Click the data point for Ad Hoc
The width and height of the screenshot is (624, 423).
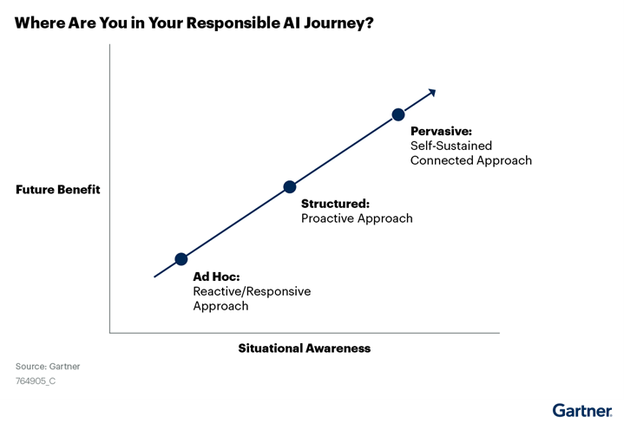[x=181, y=259]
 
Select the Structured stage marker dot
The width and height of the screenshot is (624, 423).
[x=290, y=187]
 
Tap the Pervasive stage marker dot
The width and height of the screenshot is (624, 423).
[x=398, y=114]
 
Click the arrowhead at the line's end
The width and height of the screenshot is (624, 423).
[x=432, y=93]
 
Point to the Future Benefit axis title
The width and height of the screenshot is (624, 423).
[x=58, y=189]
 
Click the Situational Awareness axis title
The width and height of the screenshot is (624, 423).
[x=305, y=348]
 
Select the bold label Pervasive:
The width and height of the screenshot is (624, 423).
[x=441, y=131]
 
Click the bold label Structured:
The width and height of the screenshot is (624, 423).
[x=335, y=204]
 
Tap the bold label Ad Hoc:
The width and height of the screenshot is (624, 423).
[x=216, y=277]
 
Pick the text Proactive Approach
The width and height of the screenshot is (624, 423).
[x=357, y=218]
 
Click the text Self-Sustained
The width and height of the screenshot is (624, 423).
[x=451, y=146]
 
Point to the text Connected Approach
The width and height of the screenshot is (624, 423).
[x=470, y=160]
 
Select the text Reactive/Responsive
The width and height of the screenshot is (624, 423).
[x=252, y=291]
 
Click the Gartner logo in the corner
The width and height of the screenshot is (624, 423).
[x=582, y=410]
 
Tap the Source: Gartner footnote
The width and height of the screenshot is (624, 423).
[x=48, y=366]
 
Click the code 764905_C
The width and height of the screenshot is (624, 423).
[x=36, y=381]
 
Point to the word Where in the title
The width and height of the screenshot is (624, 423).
[x=39, y=23]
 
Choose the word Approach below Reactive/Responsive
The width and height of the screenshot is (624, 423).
[x=220, y=306]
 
